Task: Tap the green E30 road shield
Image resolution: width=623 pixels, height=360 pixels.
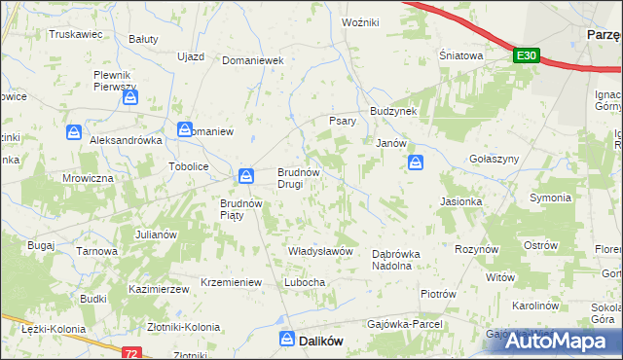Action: pos(526,56)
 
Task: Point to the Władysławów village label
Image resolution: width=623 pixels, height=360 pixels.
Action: pos(320,251)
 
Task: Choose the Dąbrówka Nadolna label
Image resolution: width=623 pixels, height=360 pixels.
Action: pos(397,259)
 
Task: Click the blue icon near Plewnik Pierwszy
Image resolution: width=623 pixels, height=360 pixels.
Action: pos(130,98)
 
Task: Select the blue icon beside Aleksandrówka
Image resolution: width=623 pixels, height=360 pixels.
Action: pos(74,132)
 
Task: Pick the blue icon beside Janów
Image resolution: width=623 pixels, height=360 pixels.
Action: pos(416,162)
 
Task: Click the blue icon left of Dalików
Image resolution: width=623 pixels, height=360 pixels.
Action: pos(287,339)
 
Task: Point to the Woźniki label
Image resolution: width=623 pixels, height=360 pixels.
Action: pos(360,20)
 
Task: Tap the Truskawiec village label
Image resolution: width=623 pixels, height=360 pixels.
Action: pos(76,33)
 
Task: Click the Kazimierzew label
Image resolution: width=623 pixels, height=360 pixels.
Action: pos(158,290)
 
